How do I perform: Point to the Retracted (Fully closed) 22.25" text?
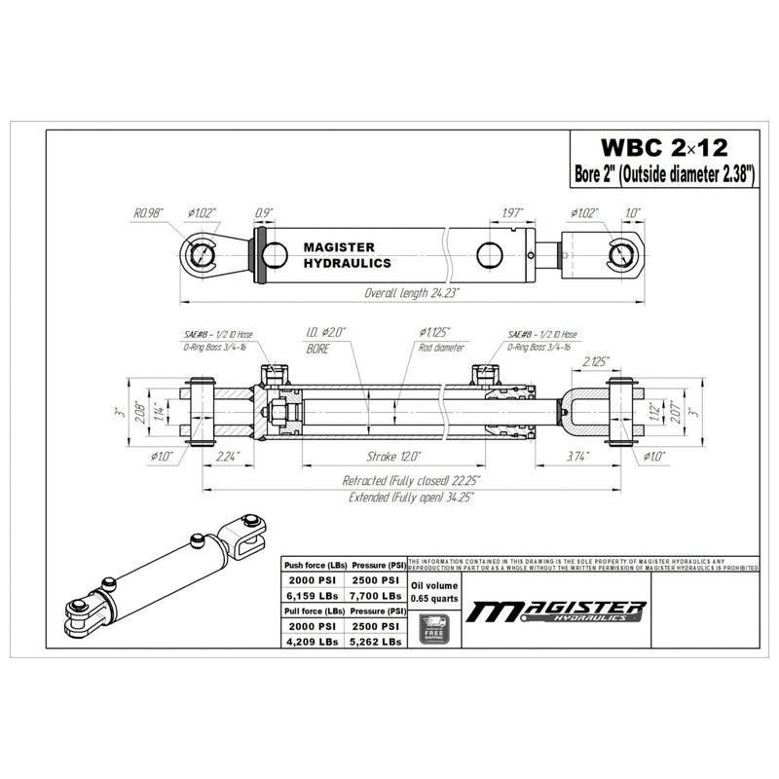[412, 480]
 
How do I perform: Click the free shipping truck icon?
[433, 628]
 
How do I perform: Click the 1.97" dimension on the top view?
[512, 211]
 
